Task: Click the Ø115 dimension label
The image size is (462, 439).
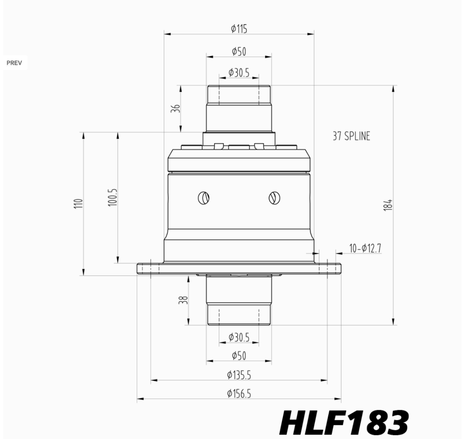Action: (x=239, y=29)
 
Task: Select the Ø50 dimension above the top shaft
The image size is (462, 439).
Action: (x=239, y=52)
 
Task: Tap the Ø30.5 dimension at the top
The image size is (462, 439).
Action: (x=239, y=72)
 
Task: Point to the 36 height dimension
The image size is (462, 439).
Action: (x=176, y=108)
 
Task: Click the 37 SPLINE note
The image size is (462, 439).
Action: (x=351, y=136)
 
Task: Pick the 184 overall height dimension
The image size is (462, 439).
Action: (x=388, y=205)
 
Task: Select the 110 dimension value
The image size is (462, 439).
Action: (x=78, y=203)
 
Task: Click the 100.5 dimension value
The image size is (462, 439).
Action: (x=113, y=197)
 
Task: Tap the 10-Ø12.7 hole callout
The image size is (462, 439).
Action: (x=365, y=248)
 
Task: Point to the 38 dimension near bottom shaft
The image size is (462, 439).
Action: (x=183, y=300)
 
